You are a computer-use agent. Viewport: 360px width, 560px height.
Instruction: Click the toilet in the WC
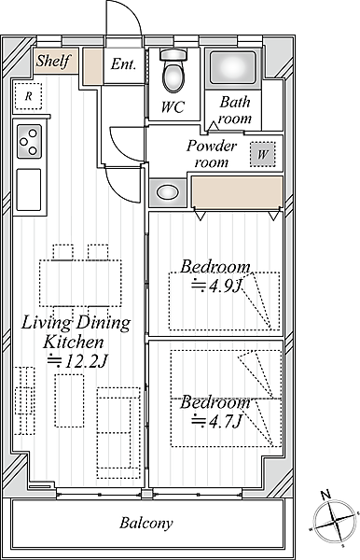173,71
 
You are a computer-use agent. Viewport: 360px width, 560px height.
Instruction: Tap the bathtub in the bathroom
233,67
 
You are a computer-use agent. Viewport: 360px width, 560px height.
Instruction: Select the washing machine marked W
263,154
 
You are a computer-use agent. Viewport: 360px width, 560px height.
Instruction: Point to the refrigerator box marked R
28,96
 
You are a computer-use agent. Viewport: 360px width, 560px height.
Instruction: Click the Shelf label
53,61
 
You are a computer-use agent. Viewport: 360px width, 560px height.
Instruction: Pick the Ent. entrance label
123,64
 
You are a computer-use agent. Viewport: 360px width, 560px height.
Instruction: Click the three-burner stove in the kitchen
29,142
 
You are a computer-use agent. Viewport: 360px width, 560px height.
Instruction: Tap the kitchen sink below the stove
29,189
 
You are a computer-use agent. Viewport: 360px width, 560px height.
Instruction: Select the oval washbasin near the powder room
168,192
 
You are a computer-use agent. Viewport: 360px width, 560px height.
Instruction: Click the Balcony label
146,524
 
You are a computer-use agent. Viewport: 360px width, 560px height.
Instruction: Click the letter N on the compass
325,495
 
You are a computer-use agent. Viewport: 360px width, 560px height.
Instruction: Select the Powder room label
212,154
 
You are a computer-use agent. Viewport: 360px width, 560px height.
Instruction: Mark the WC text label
173,106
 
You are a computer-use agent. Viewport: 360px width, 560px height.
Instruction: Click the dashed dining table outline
80,283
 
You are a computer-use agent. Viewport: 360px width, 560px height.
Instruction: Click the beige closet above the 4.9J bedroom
237,191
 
